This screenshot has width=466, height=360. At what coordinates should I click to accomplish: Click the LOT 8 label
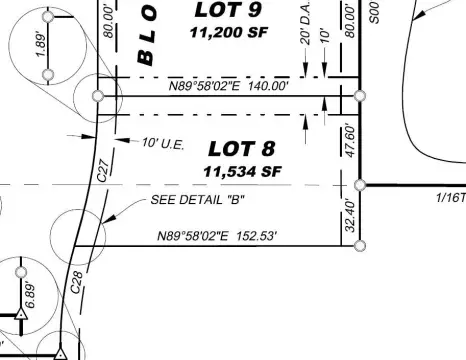(x=241, y=149)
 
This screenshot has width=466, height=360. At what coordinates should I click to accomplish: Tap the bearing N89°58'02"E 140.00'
(x=228, y=87)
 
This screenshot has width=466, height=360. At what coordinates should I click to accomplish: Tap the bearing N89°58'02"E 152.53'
(x=217, y=237)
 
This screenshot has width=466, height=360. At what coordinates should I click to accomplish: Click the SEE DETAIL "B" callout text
(x=198, y=198)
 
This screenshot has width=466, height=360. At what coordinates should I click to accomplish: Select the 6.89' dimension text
(x=29, y=296)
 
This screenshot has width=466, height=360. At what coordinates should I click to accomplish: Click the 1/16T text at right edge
(x=451, y=197)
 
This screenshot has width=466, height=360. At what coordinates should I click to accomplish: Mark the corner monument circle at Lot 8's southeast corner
(x=360, y=245)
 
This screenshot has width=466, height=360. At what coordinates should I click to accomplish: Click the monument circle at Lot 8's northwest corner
(x=98, y=96)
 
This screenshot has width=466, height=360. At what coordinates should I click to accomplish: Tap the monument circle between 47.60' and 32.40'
(x=360, y=184)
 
